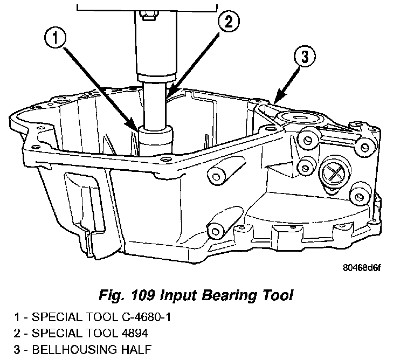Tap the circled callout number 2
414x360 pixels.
(x=229, y=21)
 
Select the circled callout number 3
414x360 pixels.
(x=305, y=57)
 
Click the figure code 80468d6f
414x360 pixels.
(x=362, y=268)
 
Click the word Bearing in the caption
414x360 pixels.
(x=229, y=296)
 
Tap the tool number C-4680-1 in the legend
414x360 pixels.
(x=146, y=317)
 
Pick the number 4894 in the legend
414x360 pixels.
(x=135, y=333)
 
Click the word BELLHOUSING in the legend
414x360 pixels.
(x=74, y=349)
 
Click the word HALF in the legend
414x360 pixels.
(x=136, y=349)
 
